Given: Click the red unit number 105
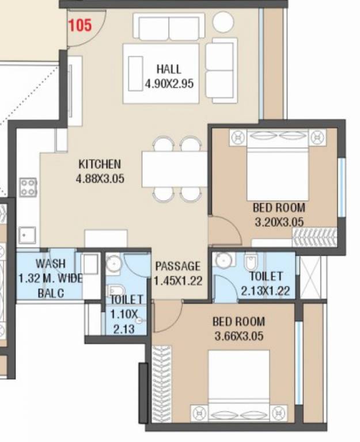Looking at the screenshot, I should [80, 26].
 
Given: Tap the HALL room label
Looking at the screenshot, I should [168, 70].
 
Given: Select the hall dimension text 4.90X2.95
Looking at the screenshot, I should [168, 84].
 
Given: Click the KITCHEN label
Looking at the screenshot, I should [100, 164].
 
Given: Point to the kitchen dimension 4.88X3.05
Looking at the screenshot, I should [100, 178].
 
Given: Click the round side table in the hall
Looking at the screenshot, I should [223, 22].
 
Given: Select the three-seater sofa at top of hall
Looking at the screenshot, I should [169, 27].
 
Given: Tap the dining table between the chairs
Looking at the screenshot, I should [175, 169].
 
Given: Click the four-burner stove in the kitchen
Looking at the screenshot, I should [28, 187].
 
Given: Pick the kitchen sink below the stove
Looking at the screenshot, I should [26, 234].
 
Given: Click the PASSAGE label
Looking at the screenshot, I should [178, 266].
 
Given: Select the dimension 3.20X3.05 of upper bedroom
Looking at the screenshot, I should [279, 222].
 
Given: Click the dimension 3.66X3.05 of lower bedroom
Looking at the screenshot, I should [238, 336].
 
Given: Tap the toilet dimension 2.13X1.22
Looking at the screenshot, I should [266, 291].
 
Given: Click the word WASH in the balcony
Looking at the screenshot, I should [50, 264].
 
